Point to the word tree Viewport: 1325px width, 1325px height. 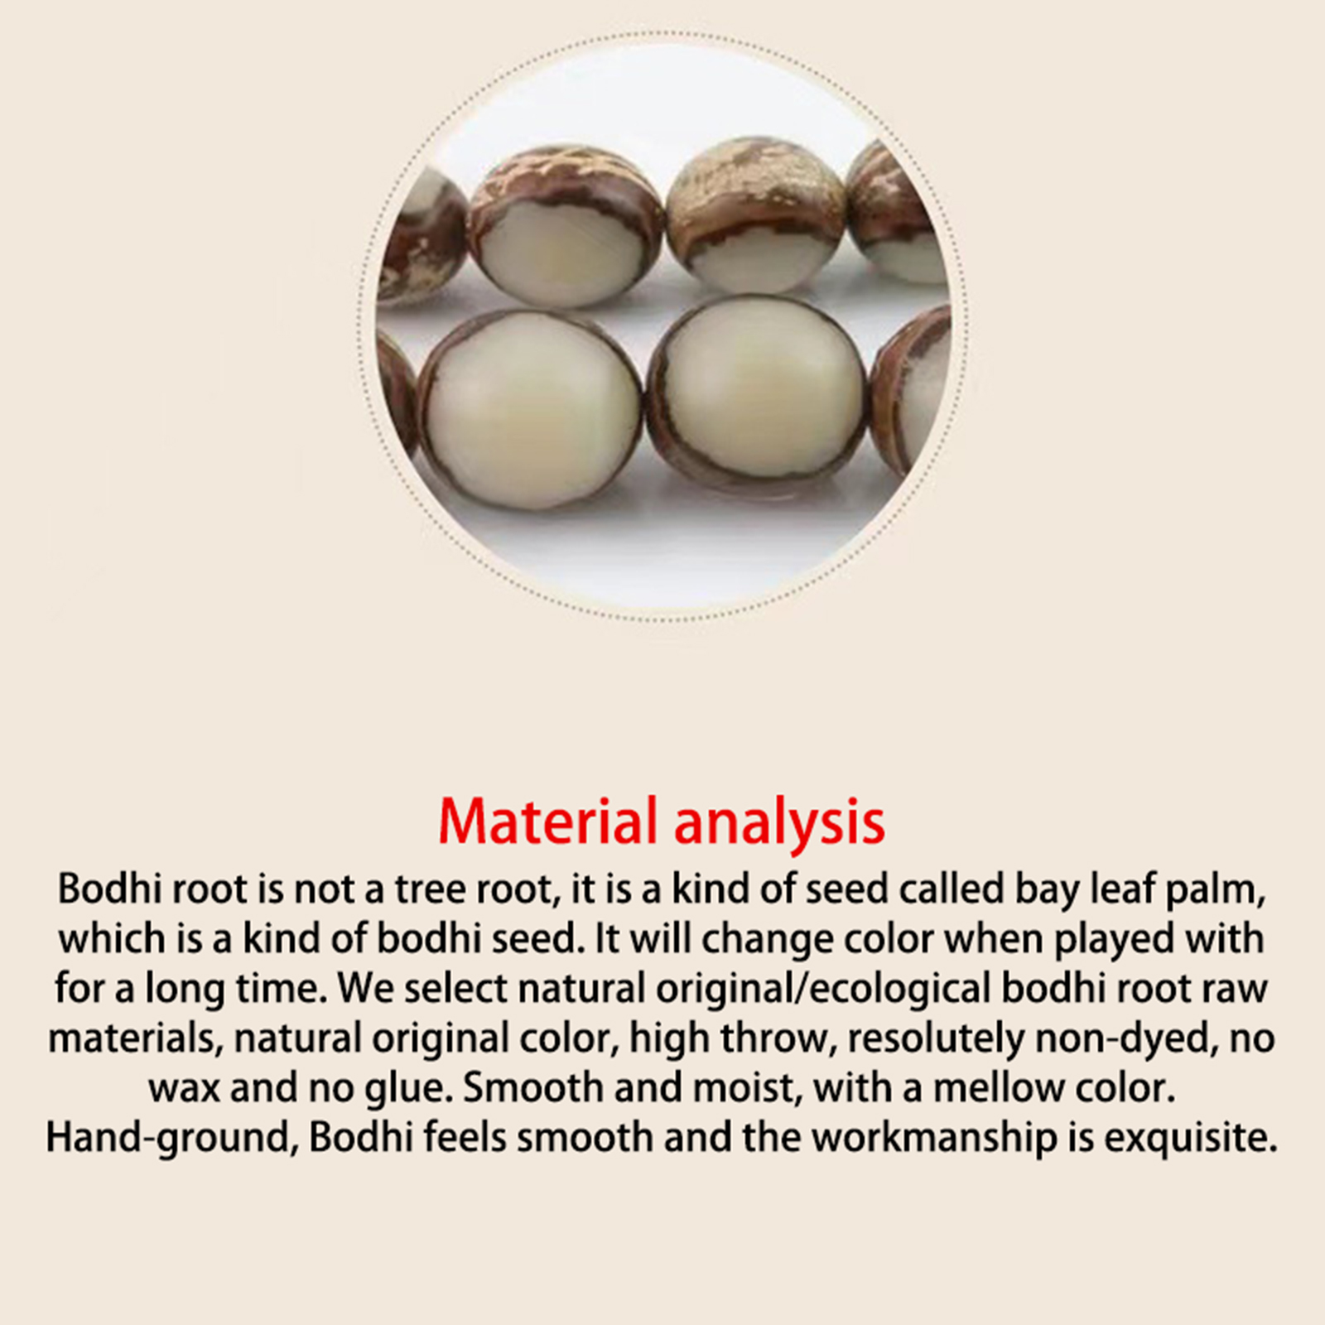pos(431,889)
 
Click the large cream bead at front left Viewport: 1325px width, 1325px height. pos(530,410)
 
